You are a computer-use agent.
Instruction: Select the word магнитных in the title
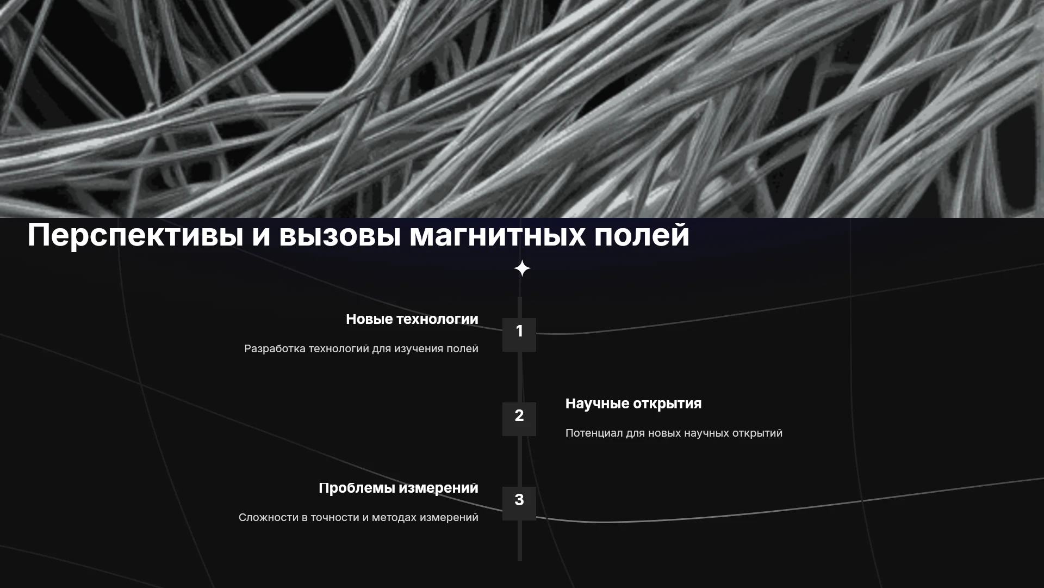[x=497, y=235]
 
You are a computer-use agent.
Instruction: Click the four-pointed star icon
[x=522, y=268]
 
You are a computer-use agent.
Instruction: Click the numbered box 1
[x=519, y=335]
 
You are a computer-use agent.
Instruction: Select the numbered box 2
[x=519, y=419]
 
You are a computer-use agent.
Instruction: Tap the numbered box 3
[x=519, y=504]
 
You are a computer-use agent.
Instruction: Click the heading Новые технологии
[x=412, y=320]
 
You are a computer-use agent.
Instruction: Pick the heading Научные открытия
[x=633, y=404]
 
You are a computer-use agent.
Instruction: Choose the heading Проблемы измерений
[x=399, y=488]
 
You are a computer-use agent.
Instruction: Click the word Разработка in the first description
[x=275, y=349]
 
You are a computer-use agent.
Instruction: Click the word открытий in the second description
[x=757, y=433]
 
